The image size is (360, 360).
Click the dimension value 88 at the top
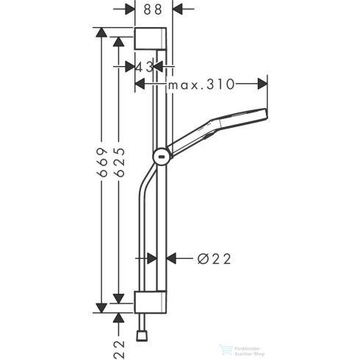(153, 10)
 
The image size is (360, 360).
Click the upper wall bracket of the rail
(153, 39)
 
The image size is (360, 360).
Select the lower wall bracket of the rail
(153, 301)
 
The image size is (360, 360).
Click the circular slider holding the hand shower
(161, 155)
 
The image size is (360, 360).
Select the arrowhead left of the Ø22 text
(173, 258)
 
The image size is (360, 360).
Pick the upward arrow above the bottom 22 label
(118, 317)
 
